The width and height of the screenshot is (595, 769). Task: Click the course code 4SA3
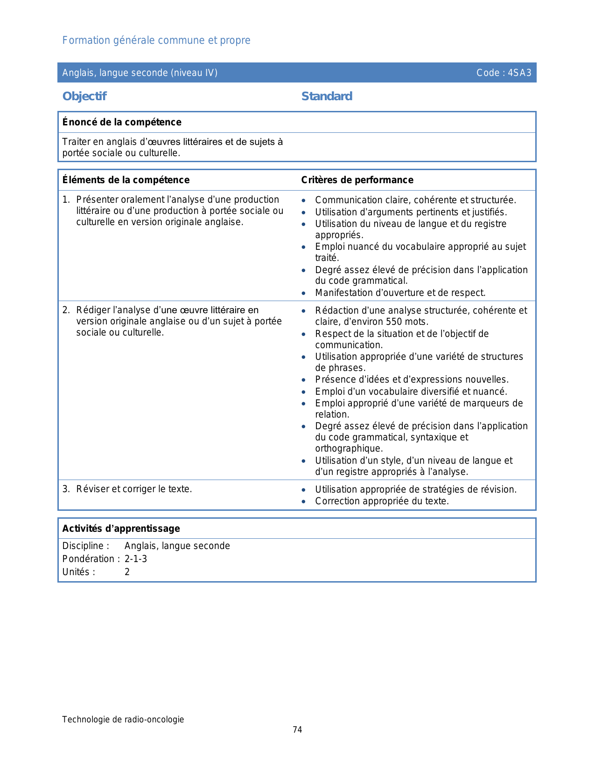pyautogui.click(x=519, y=73)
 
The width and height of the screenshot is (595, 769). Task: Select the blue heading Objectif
pyautogui.click(x=84, y=96)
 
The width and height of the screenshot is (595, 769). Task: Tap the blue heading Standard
pyautogui.click(x=327, y=96)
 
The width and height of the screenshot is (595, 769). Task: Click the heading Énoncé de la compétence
pyautogui.click(x=122, y=122)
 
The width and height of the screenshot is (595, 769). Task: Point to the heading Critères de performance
pyautogui.click(x=357, y=180)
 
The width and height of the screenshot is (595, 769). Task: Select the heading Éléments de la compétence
pyautogui.click(x=126, y=180)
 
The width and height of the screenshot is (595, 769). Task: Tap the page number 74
pyautogui.click(x=297, y=730)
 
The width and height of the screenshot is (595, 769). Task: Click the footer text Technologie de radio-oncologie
pyautogui.click(x=123, y=720)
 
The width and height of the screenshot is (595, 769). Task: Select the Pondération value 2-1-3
pyautogui.click(x=136, y=559)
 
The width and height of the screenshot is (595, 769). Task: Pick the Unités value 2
pyautogui.click(x=127, y=572)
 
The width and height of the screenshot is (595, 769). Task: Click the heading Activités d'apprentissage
pyautogui.click(x=121, y=529)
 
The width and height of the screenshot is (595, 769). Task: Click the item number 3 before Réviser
pyautogui.click(x=66, y=489)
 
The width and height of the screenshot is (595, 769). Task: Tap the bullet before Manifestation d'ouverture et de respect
pyautogui.click(x=304, y=293)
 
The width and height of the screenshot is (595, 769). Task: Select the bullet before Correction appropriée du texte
pyautogui.click(x=304, y=501)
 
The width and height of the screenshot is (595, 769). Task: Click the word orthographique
pyautogui.click(x=349, y=448)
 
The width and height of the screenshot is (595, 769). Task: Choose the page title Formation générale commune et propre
pyautogui.click(x=156, y=41)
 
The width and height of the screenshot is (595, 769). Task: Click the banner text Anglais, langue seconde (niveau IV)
pyautogui.click(x=140, y=73)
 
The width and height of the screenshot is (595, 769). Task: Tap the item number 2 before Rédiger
pyautogui.click(x=66, y=310)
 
